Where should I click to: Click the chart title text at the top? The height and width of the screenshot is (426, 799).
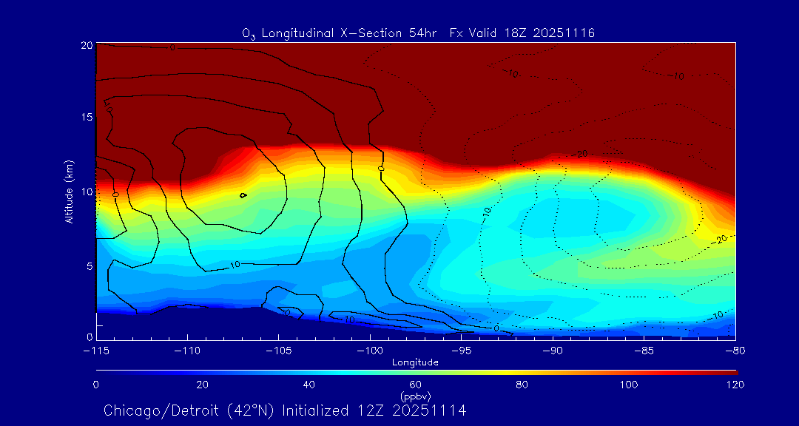tap(418, 33)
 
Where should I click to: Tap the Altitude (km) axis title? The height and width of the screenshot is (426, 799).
tap(69, 192)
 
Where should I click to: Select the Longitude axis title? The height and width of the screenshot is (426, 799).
tap(415, 362)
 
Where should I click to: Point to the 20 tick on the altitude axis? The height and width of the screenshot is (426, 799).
tap(86, 45)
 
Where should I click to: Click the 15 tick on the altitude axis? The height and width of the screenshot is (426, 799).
tap(86, 118)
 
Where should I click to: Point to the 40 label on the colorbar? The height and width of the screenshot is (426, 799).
tap(309, 385)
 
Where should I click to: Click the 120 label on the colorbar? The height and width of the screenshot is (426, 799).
tap(736, 385)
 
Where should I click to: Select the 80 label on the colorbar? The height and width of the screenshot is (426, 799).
tap(523, 385)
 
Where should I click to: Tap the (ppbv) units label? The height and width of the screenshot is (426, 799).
tap(415, 396)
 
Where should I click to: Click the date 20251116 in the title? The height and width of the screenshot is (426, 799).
tap(566, 33)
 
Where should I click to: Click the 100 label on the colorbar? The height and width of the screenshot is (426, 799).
tap(630, 385)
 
